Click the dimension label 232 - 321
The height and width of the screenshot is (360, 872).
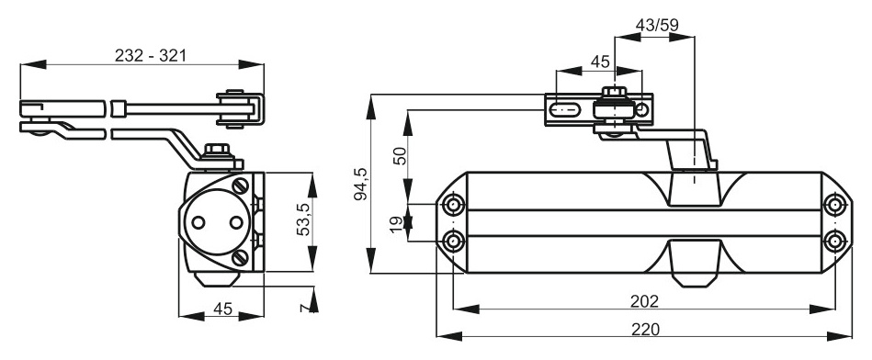pos(150,55)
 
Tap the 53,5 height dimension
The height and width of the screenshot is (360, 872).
pos(303,221)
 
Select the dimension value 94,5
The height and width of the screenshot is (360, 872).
pos(361,184)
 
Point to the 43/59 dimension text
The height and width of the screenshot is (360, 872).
pos(656,25)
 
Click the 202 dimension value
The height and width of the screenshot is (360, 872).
pos(644,301)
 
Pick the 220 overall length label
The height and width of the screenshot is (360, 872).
pos(645,329)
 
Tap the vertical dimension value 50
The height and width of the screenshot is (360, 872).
pos(401,156)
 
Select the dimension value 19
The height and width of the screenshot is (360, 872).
pos(396,224)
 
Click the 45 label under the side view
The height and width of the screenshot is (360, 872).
pos(222,309)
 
